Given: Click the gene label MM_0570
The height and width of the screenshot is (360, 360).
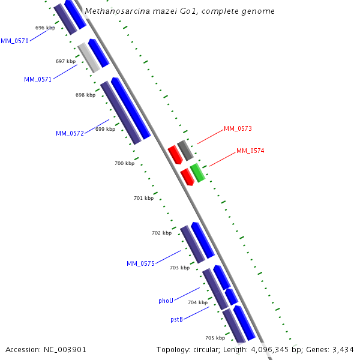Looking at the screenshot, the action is point(14,41).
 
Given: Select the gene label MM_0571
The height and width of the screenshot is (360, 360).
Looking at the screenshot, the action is point(38,79).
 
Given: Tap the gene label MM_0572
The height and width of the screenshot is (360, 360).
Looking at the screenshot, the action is point(70,133).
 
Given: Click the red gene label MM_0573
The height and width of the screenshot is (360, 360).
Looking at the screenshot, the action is point(238,128).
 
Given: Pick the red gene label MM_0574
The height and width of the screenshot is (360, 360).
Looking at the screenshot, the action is point(250,151).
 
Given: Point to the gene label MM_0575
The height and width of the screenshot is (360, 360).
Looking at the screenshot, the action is point(140,263).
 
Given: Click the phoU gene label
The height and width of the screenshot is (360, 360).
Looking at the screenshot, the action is point(166,300).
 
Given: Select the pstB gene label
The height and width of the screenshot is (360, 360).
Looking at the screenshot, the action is point(176,319).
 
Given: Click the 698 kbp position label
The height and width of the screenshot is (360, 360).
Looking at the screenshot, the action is point(85,95).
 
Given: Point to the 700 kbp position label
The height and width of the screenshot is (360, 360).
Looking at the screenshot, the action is point(124,163).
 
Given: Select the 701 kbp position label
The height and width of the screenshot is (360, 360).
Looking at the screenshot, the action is point(143,198).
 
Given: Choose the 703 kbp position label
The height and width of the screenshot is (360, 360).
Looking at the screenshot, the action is point(179,268).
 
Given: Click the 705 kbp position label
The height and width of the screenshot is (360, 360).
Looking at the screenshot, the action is point(215,338).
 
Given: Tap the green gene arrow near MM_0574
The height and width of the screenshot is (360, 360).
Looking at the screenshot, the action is point(198,172).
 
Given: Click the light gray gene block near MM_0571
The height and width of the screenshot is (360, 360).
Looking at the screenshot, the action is point(89,58).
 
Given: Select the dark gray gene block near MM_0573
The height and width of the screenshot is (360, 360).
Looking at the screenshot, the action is point(185,150).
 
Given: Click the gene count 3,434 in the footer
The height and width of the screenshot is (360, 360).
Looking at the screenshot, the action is point(341,349).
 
